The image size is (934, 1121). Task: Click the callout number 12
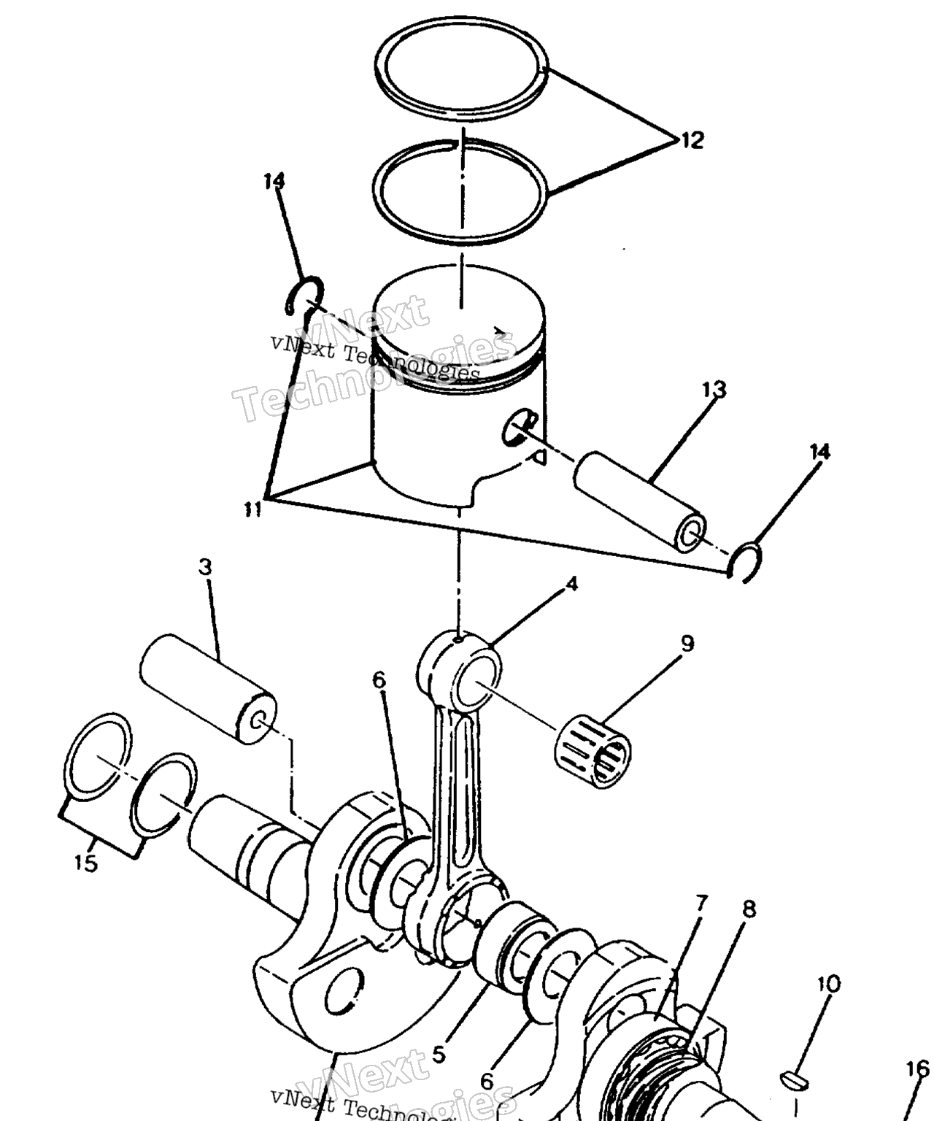(x=692, y=141)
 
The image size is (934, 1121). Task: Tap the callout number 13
(x=714, y=389)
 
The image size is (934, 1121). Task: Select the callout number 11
(x=252, y=509)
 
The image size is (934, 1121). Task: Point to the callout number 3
(x=206, y=567)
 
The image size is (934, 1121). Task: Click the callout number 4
(x=572, y=584)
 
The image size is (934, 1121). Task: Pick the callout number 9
(x=687, y=644)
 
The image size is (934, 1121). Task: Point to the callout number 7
(x=701, y=904)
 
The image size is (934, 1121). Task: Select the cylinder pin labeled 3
(x=208, y=689)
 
